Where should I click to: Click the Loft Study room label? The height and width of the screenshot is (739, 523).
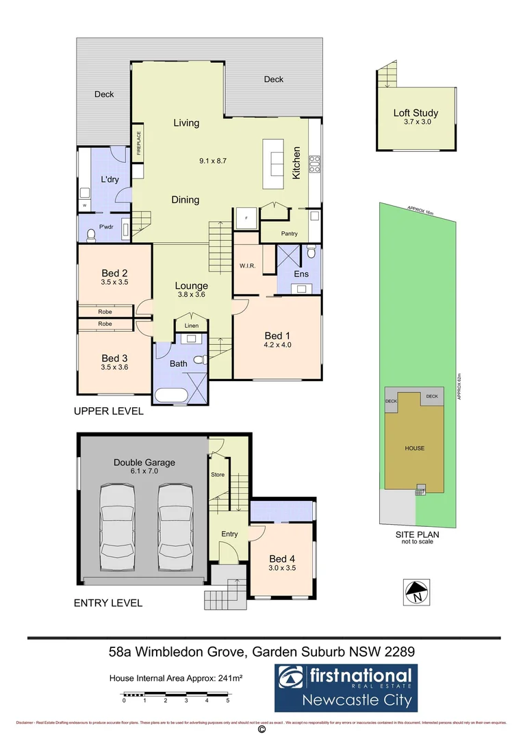click(x=416, y=113)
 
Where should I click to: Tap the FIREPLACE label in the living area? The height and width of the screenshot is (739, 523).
click(x=138, y=144)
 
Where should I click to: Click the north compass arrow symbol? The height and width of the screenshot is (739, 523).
click(x=416, y=590)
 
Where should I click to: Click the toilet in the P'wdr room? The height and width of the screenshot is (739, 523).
click(x=90, y=235)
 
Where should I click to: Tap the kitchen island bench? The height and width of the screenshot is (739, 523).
click(x=273, y=165)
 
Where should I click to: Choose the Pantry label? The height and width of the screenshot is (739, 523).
click(x=289, y=233)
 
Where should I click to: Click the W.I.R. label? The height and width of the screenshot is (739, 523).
click(x=247, y=265)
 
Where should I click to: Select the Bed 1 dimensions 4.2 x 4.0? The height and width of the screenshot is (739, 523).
click(x=278, y=346)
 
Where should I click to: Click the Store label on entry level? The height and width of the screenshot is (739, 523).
click(x=218, y=474)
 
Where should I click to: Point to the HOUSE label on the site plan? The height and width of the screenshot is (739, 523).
click(x=414, y=448)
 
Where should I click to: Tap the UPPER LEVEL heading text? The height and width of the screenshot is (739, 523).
click(x=109, y=411)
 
